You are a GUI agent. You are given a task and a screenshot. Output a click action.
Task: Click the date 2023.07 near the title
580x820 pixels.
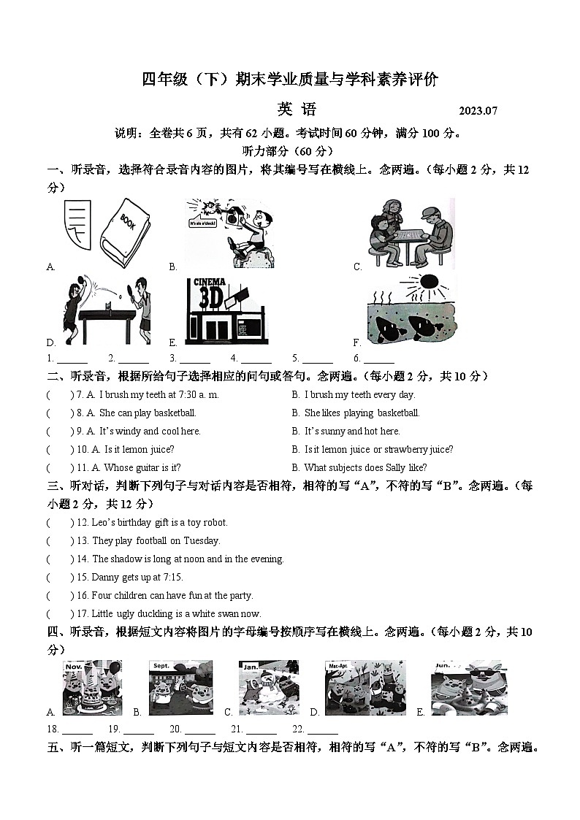pos(478,111)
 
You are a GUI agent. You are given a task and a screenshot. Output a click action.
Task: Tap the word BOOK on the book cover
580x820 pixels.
pos(127,222)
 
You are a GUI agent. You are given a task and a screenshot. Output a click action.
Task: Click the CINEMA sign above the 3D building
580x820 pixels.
pos(209,283)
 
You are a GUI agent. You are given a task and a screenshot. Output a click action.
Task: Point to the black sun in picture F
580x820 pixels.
pos(429,282)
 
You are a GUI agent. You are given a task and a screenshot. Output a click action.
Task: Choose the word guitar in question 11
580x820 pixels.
pos(148,468)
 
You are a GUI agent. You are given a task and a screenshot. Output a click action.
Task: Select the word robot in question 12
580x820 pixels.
pos(215,522)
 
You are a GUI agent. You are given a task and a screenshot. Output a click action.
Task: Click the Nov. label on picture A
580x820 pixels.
pos(74,667)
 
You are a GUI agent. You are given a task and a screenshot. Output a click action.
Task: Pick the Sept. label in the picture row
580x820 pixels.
pos(161,666)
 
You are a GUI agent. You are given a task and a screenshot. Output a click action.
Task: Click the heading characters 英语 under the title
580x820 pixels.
pos(297,109)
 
